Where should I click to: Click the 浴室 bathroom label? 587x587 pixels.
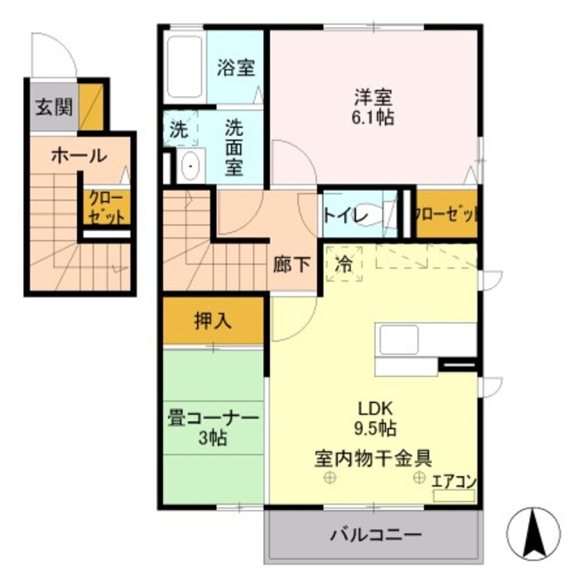[x=237, y=69]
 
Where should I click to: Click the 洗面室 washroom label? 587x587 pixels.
[x=234, y=148]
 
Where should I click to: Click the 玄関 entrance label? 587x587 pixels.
[x=52, y=108]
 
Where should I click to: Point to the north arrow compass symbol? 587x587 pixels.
[x=534, y=534]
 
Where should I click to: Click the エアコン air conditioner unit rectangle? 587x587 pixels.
[x=454, y=495]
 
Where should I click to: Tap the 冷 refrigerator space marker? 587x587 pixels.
[x=344, y=264]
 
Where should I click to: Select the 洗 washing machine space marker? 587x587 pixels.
[x=179, y=129]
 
